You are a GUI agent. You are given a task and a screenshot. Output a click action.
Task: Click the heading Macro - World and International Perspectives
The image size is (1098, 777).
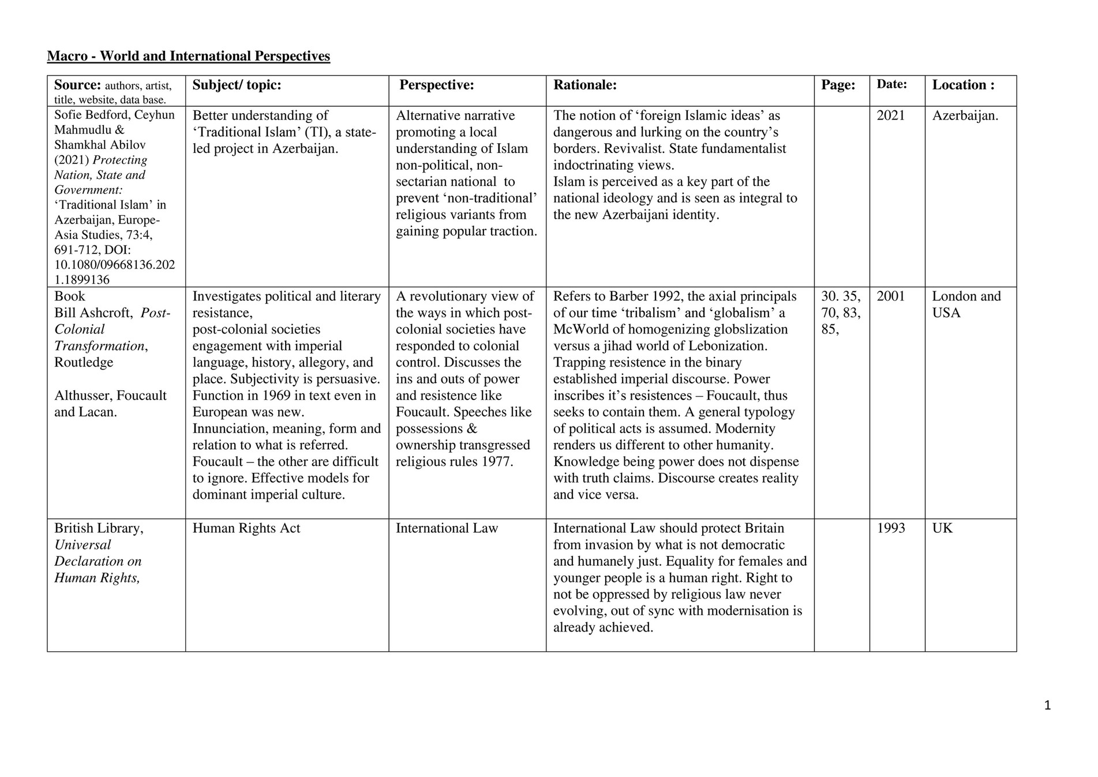coord(188,56)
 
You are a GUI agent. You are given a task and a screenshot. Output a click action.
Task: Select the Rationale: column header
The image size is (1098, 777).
coord(584,85)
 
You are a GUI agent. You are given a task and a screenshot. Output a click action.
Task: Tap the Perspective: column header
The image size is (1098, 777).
coord(436,85)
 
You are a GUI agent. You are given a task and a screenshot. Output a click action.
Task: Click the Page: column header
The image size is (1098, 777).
coord(838,85)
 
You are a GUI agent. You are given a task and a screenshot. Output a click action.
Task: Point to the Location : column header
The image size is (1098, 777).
coord(963,85)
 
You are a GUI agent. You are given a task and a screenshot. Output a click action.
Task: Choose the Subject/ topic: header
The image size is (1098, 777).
coord(237,85)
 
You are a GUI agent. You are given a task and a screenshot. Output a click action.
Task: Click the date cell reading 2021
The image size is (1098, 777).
coord(891,115)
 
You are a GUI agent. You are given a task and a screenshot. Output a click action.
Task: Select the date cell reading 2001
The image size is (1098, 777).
coord(891,297)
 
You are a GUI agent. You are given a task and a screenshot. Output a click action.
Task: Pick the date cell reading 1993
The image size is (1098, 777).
coord(891,528)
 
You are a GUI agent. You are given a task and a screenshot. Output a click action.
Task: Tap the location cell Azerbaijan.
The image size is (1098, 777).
coord(965,115)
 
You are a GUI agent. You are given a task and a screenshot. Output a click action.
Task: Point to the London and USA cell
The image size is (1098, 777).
coord(966,304)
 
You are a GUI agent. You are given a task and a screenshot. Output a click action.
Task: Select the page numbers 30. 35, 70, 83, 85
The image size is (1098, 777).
coord(841,313)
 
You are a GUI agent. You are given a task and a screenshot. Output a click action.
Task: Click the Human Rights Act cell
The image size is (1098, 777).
coord(246,528)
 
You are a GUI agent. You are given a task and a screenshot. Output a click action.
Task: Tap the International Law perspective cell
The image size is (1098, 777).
coord(447,528)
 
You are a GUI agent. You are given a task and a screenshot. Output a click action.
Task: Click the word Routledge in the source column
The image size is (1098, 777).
coord(84,363)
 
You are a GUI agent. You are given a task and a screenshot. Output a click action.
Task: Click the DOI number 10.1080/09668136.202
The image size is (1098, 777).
coord(114,265)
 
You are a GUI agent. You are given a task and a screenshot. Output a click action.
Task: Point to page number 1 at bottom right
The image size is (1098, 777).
coord(1047,705)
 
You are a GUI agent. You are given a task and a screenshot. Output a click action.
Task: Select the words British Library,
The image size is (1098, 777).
coord(99,528)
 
